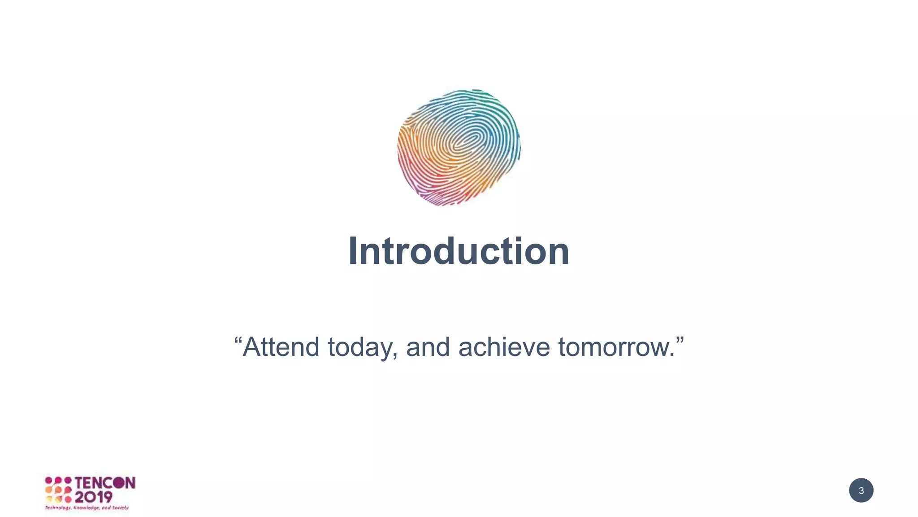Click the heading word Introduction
pos(459,251)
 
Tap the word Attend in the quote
pos(281,347)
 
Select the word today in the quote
pos(362,348)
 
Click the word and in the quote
pos(428,347)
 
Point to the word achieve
pos(504,347)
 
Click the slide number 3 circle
pos(861,490)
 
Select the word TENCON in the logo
pos(105,483)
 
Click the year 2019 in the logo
pos(93,497)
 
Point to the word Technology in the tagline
pos(58,508)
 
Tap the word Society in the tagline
pos(120,508)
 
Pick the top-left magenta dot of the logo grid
pos(48,480)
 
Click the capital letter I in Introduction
pos(353,251)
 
